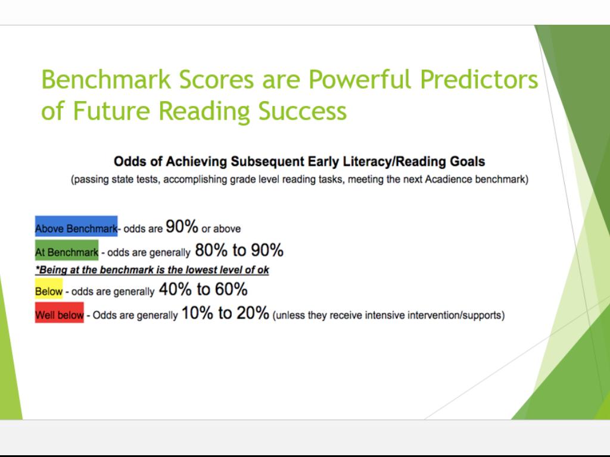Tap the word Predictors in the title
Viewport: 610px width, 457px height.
click(x=480, y=80)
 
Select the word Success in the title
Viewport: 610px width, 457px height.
click(x=302, y=111)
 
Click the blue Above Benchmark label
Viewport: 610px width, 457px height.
click(x=76, y=226)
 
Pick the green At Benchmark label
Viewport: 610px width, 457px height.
click(x=67, y=251)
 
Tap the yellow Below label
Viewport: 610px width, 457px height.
click(x=49, y=289)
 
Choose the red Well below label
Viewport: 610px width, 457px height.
click(x=59, y=312)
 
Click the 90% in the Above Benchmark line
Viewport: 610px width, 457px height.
click(x=182, y=226)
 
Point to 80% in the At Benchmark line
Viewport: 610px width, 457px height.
click(x=211, y=251)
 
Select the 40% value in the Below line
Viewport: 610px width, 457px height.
click(x=175, y=290)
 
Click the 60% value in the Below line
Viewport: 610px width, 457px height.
click(x=231, y=290)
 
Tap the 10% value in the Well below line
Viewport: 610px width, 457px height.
click(x=197, y=313)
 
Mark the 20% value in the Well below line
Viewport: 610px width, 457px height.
click(x=253, y=313)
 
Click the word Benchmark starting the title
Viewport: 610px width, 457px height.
click(x=106, y=80)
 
